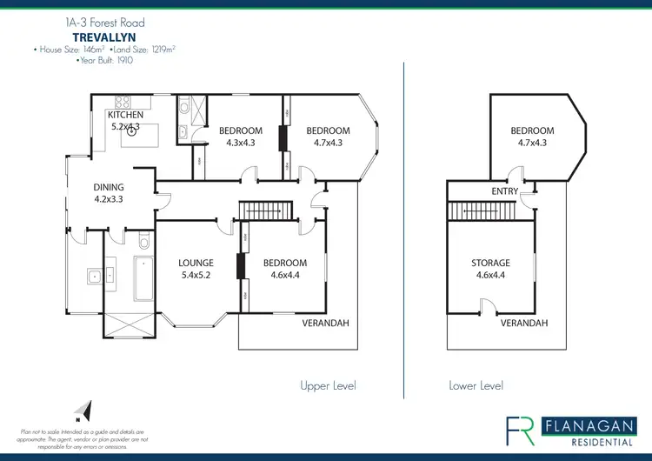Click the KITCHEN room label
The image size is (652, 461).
coord(124,115)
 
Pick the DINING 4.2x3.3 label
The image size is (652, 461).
coord(110,192)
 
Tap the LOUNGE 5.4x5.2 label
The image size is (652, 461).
coord(196,268)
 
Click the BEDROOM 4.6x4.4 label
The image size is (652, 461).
coord(284,268)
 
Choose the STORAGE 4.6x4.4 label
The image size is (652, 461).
coord(491,268)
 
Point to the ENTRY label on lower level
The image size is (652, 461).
coord(504,191)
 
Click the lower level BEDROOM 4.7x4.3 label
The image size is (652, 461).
coord(532,137)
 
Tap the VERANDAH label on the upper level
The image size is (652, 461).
coord(325,323)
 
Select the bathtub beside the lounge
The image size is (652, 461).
coord(143,278)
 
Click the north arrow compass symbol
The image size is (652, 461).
coord(82,410)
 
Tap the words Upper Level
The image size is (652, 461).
coord(328,385)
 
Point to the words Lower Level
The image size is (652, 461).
coord(476,385)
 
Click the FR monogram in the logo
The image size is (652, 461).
coord(522,431)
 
